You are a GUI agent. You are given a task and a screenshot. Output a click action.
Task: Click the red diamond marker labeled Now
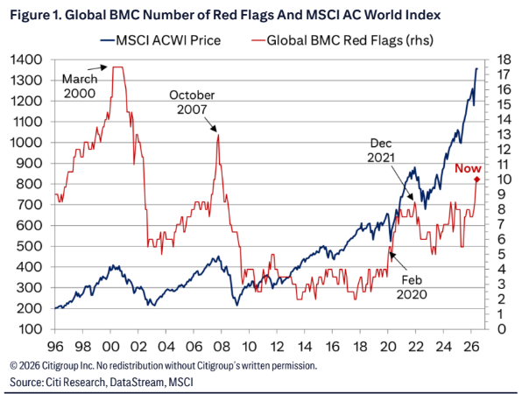tap(476, 179)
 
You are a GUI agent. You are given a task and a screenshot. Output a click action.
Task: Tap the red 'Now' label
tap(468, 168)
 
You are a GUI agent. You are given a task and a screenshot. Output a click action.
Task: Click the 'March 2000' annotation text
tap(80, 86)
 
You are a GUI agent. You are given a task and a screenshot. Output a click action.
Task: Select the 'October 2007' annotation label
tap(192, 102)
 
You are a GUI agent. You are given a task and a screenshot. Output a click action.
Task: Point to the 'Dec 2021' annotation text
tap(381, 150)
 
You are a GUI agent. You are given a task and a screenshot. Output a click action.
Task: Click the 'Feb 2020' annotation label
tap(412, 287)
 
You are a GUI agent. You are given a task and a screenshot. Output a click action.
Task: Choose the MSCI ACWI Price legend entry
tap(160, 40)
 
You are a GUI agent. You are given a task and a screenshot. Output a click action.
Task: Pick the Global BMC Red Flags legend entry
tap(342, 40)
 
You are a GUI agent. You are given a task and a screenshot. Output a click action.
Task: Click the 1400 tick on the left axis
tap(26, 60)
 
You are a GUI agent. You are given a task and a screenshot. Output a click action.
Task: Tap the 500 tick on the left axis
tap(29, 246)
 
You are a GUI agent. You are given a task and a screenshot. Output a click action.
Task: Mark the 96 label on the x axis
tap(55, 347)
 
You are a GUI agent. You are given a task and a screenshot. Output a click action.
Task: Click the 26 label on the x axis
tap(471, 347)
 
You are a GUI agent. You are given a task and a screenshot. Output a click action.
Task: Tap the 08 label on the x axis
tap(222, 347)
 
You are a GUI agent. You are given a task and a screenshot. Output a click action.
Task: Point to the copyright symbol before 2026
tap(13, 366)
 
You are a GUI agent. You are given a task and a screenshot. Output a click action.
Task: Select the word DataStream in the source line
tap(137, 382)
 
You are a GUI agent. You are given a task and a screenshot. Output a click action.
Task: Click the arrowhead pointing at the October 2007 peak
tap(215, 129)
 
